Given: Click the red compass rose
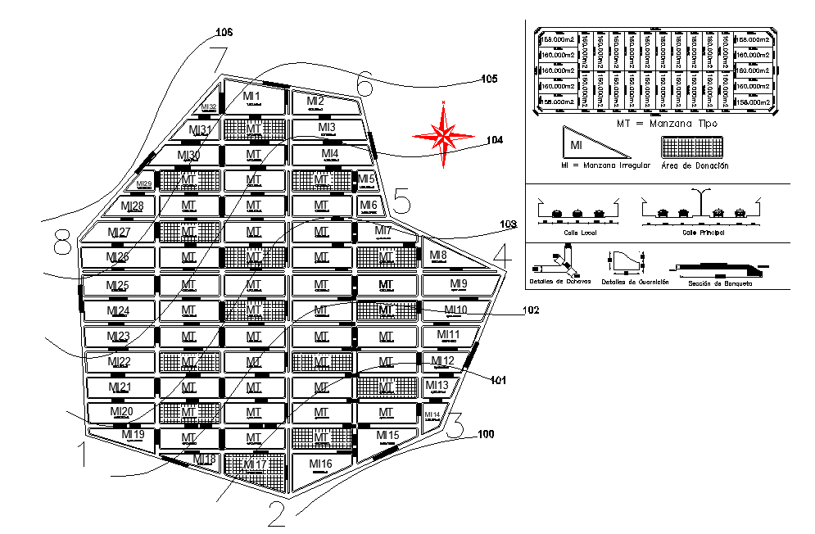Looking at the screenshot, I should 443,134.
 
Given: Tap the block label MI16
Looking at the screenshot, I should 321,464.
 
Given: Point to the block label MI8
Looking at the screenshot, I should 438,256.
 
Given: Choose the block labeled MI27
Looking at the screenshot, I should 120,233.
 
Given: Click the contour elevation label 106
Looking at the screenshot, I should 224,33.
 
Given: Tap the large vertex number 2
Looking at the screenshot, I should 276,514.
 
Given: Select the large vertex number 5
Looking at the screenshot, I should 401,199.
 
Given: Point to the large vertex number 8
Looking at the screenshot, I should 62,243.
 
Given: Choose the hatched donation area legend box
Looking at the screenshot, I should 695,147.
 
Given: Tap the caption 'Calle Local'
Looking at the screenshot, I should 578,232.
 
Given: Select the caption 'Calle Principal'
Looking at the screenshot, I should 703,232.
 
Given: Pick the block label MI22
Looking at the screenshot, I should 120,362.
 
